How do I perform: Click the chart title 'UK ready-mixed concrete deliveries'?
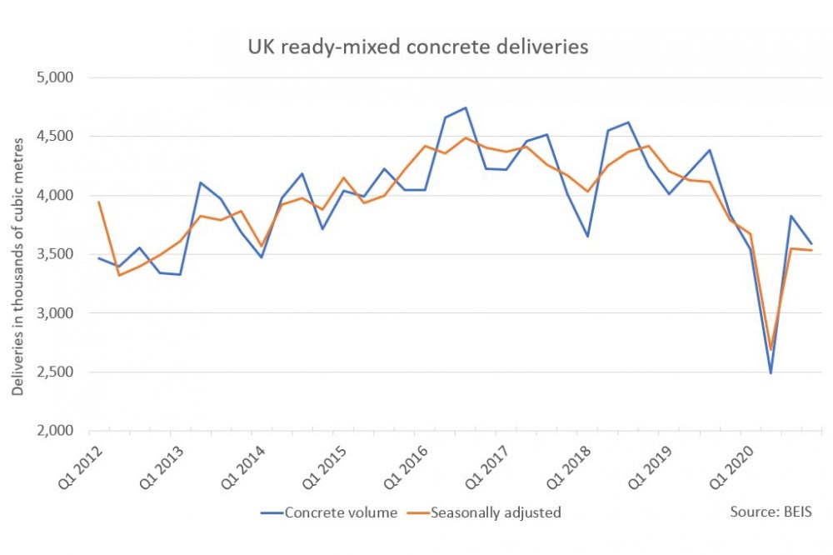coord(417,47)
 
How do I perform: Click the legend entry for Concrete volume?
coord(330,512)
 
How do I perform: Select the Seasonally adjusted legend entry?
coord(495,512)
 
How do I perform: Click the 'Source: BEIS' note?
coord(770,512)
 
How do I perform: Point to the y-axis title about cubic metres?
coord(18,254)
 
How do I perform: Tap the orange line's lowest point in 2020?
coord(771,349)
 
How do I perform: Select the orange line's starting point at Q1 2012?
coord(99,202)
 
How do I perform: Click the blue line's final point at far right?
coord(811,243)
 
